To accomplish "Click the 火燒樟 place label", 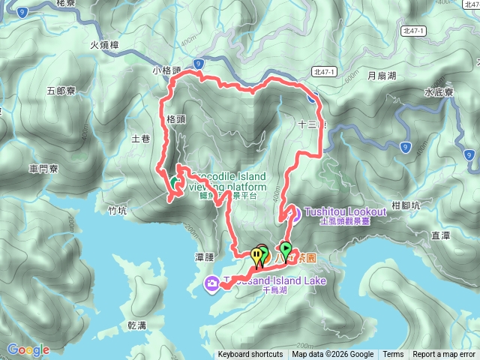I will point(105,44).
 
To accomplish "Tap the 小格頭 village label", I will point(166,71).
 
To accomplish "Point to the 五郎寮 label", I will point(61,90).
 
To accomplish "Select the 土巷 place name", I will point(140,139).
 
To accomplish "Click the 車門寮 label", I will point(43,169).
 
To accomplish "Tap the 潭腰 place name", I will point(205,257).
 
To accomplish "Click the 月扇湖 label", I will point(382,76).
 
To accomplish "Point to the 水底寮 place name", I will point(439,93).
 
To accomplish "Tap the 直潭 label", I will point(440,235).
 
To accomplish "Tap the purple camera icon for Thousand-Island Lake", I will point(212,283).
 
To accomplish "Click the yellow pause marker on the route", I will point(257,256).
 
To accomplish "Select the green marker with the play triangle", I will point(286,248).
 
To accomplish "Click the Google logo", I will point(28,350).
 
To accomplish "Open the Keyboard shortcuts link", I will point(250,355).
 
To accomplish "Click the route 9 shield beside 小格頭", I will point(197,64).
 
